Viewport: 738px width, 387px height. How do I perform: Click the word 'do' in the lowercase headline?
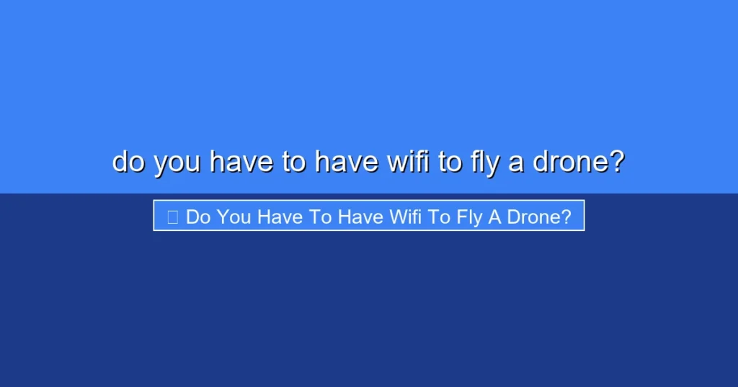click(129, 162)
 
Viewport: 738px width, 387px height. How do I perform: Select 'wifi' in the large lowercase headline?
click(409, 162)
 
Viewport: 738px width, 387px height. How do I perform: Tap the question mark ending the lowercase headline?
click(615, 162)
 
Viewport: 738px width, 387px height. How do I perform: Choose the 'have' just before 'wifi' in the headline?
click(347, 162)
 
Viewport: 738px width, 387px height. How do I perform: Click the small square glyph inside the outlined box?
click(172, 217)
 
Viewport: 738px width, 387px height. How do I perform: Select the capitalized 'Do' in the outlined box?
click(197, 217)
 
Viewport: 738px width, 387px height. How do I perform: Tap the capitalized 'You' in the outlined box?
click(234, 217)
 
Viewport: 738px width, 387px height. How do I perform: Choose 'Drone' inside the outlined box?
click(533, 217)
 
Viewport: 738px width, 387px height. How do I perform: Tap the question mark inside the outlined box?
click(566, 217)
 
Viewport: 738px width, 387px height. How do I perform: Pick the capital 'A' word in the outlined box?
click(494, 217)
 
